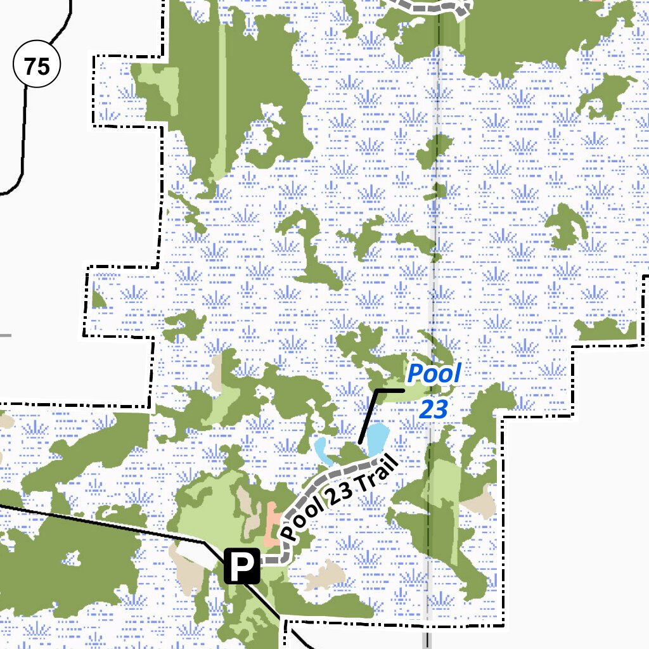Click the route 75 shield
point(37,65)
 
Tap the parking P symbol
point(242,566)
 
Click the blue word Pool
point(434,374)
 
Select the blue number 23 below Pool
point(434,409)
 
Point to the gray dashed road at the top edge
point(431,6)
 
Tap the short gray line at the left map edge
point(5,335)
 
